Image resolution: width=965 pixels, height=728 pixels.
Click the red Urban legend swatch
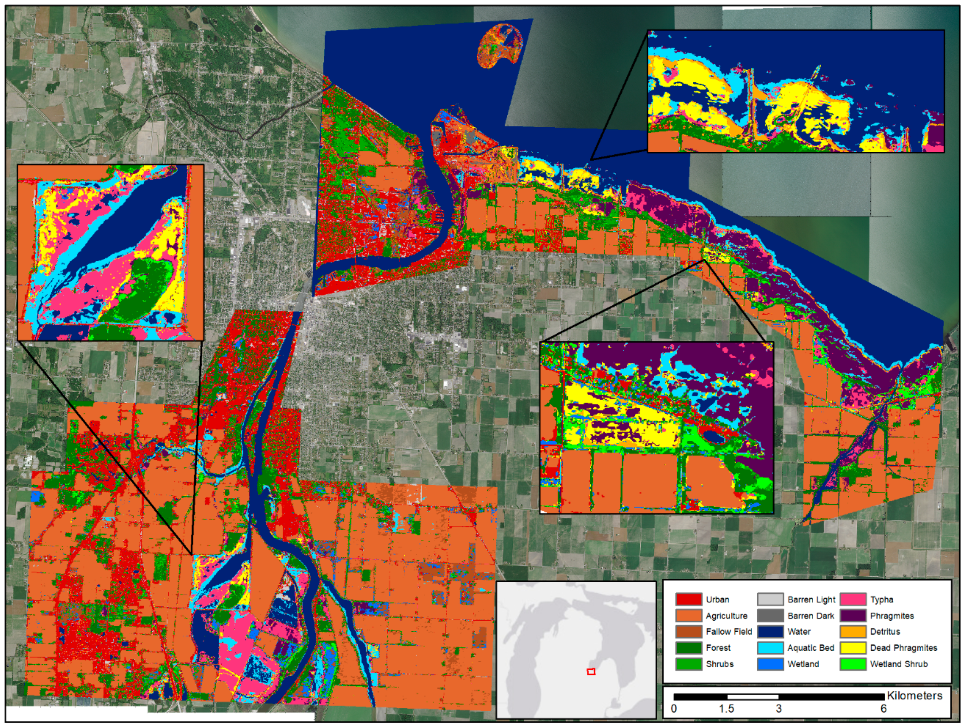pos(688,599)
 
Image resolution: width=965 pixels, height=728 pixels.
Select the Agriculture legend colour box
pos(688,615)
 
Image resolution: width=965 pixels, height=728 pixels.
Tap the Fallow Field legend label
pos(729,631)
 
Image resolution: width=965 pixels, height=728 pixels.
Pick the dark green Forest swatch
pos(688,647)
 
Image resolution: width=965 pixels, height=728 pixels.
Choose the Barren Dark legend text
pos(810,615)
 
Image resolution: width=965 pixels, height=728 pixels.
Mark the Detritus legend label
pos(885,631)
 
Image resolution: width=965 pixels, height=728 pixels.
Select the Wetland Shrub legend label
pos(899,664)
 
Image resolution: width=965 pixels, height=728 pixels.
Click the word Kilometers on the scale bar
pos(914,696)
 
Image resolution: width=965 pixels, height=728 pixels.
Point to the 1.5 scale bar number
pos(726,709)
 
